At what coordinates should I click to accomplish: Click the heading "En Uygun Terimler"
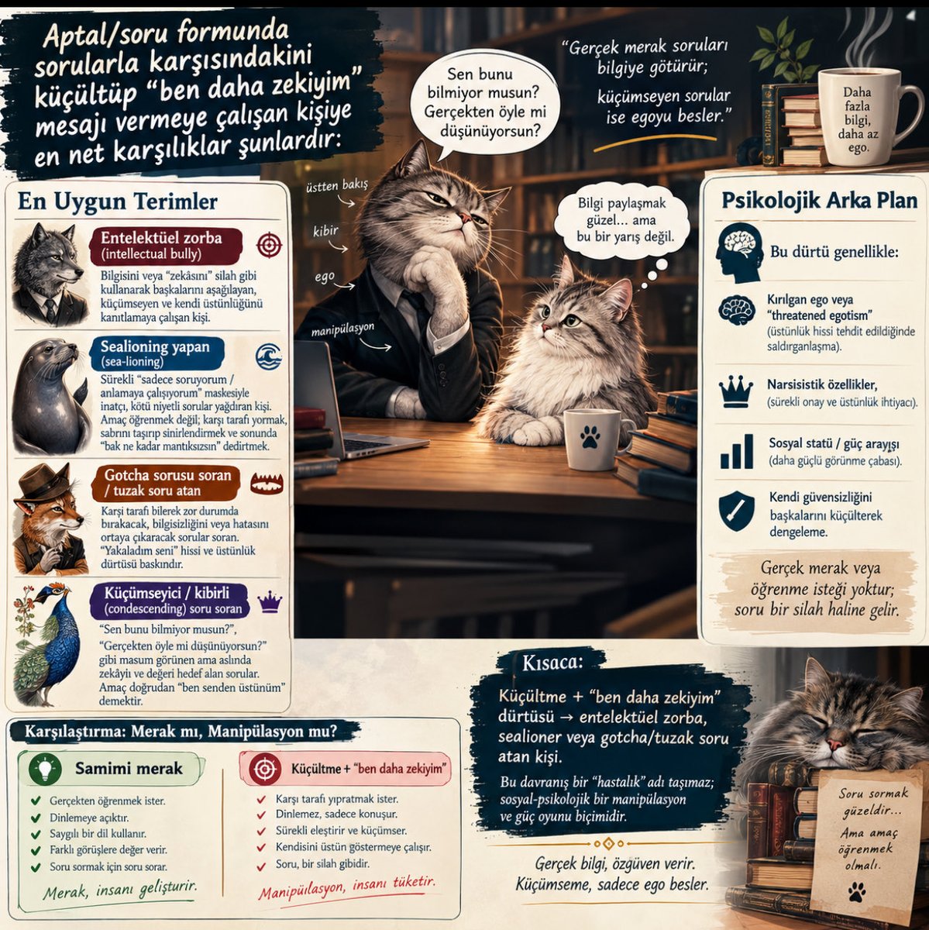(x=117, y=201)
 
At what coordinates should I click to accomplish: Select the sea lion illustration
(x=50, y=396)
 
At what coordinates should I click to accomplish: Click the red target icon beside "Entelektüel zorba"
(x=269, y=245)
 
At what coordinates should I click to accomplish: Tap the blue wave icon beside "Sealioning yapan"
(x=268, y=357)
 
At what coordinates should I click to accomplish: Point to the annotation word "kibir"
(x=325, y=231)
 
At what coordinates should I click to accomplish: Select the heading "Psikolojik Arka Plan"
(x=819, y=201)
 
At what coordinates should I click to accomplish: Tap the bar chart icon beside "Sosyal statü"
(x=736, y=451)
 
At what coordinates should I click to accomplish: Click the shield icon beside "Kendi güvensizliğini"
(x=736, y=511)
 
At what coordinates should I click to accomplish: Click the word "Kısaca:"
(x=552, y=663)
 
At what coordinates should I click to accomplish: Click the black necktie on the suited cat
(x=416, y=309)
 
